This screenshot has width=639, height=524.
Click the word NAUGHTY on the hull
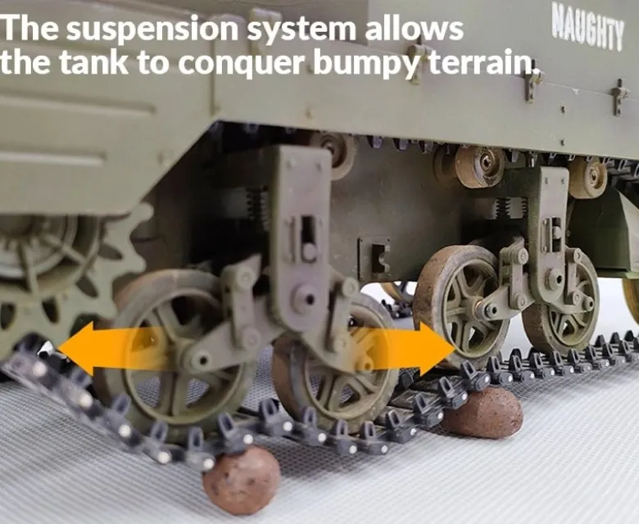click(x=587, y=29)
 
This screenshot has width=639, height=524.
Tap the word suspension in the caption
click(x=152, y=29)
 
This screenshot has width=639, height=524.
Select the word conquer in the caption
click(x=242, y=64)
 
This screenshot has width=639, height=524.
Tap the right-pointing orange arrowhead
click(x=436, y=349)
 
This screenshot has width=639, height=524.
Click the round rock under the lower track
click(x=242, y=481)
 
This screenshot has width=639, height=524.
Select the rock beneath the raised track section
click(x=483, y=412)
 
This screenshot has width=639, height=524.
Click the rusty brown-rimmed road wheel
click(x=463, y=305)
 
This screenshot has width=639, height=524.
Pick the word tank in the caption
click(x=93, y=62)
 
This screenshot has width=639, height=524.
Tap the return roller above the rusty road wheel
click(x=479, y=165)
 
